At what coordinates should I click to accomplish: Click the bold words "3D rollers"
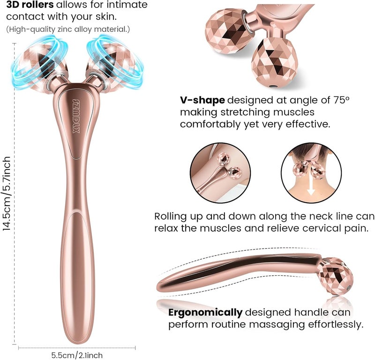pyautogui.click(x=30, y=5)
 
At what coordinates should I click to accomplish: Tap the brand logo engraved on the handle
pyautogui.click(x=76, y=117)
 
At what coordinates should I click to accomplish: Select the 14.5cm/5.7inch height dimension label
pyautogui.click(x=7, y=193)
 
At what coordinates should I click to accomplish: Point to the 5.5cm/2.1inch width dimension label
pyautogui.click(x=77, y=355)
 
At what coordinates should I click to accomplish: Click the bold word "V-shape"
pyautogui.click(x=202, y=100)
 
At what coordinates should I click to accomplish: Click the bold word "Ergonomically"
pyautogui.click(x=205, y=312)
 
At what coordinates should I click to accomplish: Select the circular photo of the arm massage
pyautogui.click(x=220, y=172)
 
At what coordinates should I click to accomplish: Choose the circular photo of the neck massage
pyautogui.click(x=311, y=173)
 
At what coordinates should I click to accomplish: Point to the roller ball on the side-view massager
pyautogui.click(x=336, y=276)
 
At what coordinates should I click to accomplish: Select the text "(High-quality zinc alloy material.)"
pyautogui.click(x=68, y=29)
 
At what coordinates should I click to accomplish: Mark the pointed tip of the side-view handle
pyautogui.click(x=157, y=286)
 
